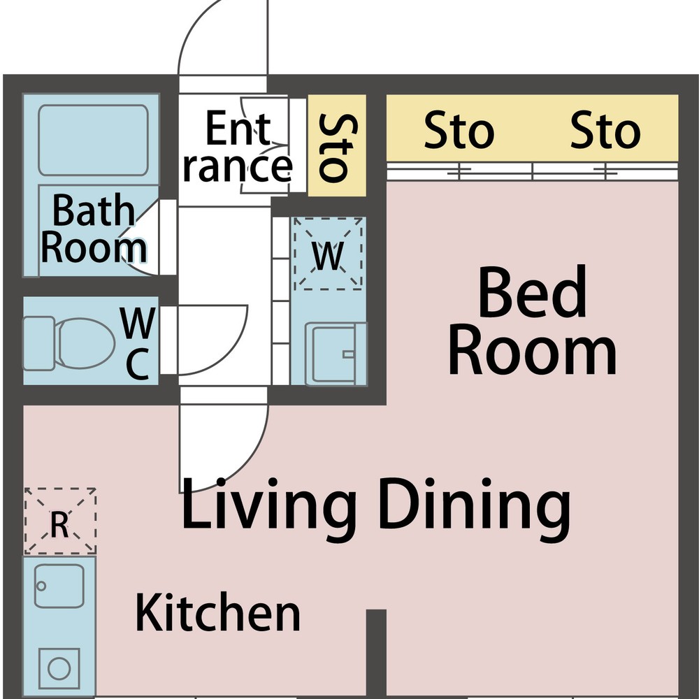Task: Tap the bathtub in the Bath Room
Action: pos(93,140)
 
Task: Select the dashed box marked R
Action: pos(60,521)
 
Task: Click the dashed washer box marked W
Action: pos(328,254)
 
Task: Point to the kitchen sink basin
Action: pos(59,586)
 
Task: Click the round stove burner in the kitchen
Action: pos(59,669)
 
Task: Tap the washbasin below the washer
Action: pos(336,354)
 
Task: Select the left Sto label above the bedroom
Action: pos(459,131)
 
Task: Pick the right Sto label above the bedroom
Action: pos(605,131)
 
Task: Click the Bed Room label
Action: pos(533,320)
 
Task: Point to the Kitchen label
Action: pos(217,612)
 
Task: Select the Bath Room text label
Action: pos(94,228)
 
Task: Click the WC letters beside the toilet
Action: pos(138,343)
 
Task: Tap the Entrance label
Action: pos(238,147)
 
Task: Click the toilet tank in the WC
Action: pos(38,343)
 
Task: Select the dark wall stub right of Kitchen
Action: pos(376,654)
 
